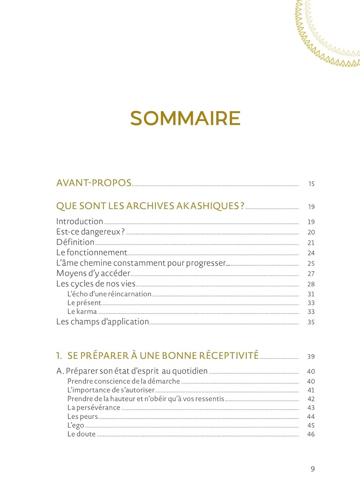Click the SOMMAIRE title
pos(185,118)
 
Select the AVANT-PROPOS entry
pos(94,183)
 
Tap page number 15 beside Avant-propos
pos(311,184)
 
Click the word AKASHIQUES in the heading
pos(208,206)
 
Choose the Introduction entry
pos(80,221)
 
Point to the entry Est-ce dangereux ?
pos(90,232)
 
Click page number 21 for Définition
pos(311,243)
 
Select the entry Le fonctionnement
pos(91,252)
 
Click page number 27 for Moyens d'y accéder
pos(311,274)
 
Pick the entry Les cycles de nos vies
pos(96,284)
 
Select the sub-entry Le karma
pos(82,312)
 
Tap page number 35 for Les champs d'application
pos(311,322)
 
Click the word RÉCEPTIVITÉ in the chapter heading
pos(229,355)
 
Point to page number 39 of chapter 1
pos(311,356)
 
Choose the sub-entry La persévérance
pos(94,408)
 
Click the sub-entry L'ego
pos(76,425)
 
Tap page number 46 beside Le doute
pos(311,434)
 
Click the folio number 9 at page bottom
pos(312,469)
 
